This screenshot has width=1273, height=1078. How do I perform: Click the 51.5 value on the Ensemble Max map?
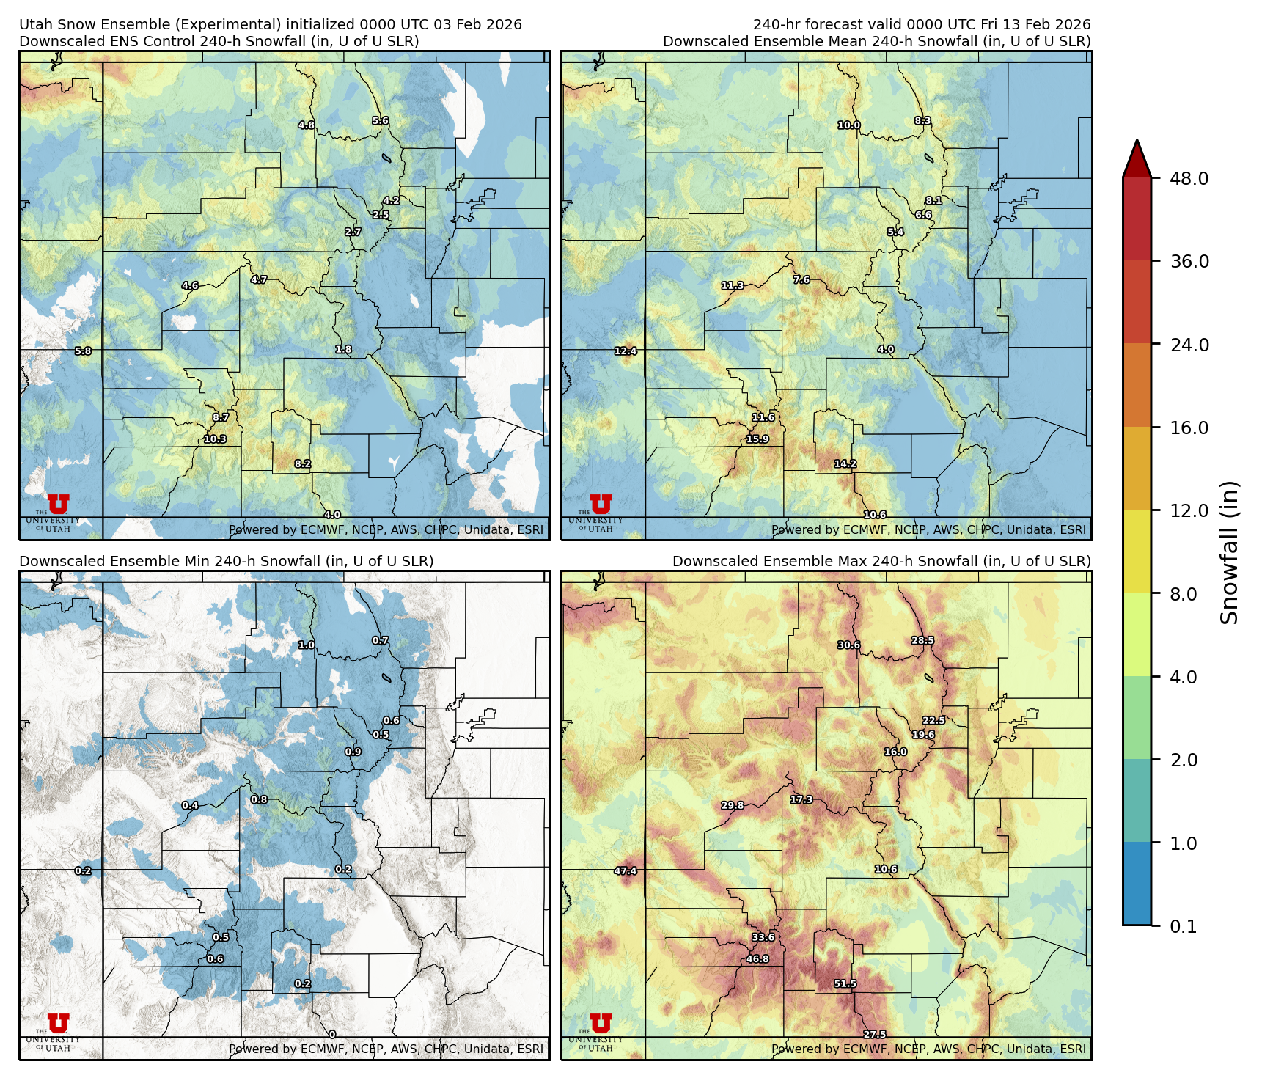click(x=845, y=983)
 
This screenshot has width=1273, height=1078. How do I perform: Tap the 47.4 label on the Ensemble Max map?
click(x=626, y=870)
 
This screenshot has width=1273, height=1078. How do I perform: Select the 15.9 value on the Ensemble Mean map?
click(x=757, y=439)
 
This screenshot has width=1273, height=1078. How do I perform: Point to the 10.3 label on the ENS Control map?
click(x=215, y=439)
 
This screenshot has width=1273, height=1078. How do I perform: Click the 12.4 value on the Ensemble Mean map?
click(x=626, y=351)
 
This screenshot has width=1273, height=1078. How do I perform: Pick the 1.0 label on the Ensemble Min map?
click(x=306, y=645)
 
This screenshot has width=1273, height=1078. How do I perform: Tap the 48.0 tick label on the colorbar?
click(x=1189, y=178)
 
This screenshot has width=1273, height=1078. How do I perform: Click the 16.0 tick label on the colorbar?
click(x=1189, y=428)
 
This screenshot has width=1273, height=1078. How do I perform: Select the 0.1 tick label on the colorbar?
click(x=1183, y=926)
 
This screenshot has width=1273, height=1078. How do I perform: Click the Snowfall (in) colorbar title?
click(x=1229, y=552)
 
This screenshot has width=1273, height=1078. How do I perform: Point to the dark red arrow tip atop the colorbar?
click(x=1137, y=155)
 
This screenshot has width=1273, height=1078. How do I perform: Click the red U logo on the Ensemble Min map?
click(x=58, y=1023)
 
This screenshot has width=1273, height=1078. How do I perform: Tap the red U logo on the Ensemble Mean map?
click(x=601, y=504)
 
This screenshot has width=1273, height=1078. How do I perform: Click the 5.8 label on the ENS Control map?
click(x=84, y=351)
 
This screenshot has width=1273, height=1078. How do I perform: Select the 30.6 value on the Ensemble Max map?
click(x=848, y=645)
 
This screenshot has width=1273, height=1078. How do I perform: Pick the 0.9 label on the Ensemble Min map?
click(x=353, y=752)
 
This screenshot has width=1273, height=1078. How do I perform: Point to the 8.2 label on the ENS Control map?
click(x=303, y=463)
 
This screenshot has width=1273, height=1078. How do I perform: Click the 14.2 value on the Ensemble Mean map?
click(x=845, y=463)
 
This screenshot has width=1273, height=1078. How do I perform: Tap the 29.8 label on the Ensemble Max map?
click(x=732, y=805)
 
